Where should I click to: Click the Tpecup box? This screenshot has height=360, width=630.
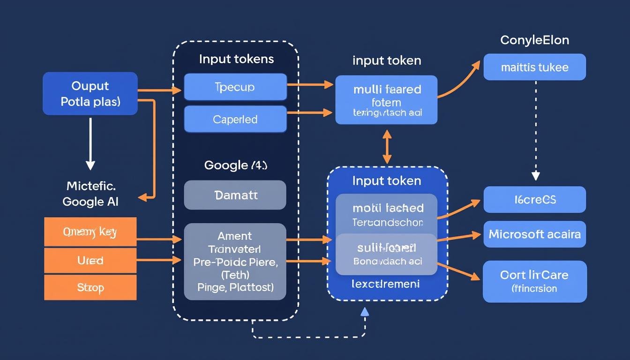pos(235,87)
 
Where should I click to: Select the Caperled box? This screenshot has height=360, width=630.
pos(235,119)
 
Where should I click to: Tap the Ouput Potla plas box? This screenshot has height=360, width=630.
pos(90,93)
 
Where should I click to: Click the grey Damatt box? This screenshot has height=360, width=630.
pos(235,195)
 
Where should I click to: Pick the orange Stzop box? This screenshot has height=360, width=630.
pos(90,287)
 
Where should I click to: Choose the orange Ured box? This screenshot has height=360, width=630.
pos(90,260)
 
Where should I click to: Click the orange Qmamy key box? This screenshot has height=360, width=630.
pos(90,232)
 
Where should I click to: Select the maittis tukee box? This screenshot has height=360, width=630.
pos(534,67)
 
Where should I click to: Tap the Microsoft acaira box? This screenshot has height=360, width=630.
pos(534,234)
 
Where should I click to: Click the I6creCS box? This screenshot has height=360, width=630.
pos(534,199)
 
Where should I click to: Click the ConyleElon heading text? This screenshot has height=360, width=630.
pos(534,40)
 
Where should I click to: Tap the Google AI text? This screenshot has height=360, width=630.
pos(90,202)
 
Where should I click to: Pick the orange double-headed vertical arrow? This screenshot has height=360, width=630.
pos(387,146)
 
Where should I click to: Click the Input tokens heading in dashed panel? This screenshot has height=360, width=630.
pos(236,59)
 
